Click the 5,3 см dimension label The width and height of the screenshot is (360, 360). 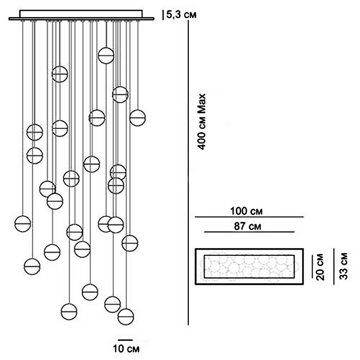[x=182, y=15]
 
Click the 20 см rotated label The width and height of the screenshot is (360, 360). [x=320, y=267]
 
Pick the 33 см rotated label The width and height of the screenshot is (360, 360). [x=343, y=266]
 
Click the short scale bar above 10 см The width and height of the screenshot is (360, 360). [x=125, y=339]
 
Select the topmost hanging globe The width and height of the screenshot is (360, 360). [x=106, y=55]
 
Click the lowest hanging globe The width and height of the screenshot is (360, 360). [x=126, y=316]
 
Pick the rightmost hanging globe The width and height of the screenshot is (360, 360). [x=138, y=118]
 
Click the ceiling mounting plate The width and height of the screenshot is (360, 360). [x=81, y=17]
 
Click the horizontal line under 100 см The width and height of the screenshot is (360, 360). [x=249, y=217]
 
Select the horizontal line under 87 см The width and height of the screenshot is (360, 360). [x=249, y=232]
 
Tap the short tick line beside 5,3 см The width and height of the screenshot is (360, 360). [x=163, y=15]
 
